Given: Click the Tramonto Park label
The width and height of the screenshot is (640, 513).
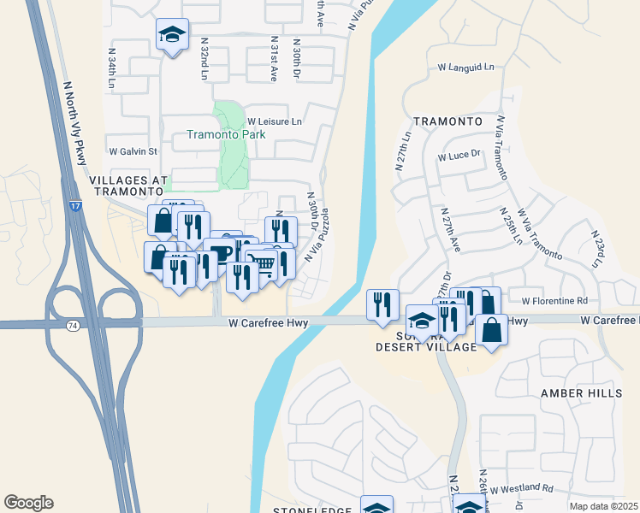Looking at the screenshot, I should (226, 134).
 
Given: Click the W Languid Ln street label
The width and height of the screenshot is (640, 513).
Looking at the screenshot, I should (465, 67).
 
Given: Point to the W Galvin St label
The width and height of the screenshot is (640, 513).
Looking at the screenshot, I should (133, 151).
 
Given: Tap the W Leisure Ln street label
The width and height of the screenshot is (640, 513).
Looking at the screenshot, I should (275, 122).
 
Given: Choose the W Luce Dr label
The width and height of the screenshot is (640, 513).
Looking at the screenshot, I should (460, 156).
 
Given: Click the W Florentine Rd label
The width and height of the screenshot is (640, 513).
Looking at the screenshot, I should (554, 300).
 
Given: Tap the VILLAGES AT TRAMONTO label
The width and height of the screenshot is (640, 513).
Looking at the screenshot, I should (124, 186).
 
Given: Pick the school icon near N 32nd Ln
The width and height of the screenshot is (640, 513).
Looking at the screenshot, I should (172, 35).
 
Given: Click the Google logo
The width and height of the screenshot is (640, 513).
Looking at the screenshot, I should (28, 503).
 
